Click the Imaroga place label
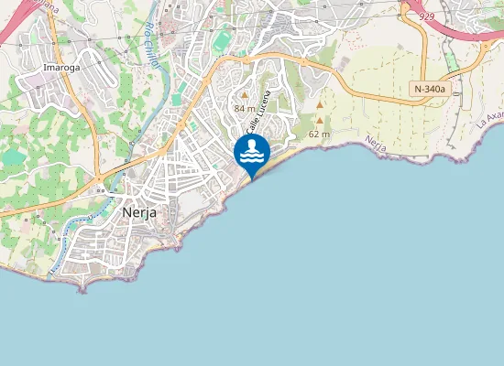[x=62, y=68]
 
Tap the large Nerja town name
[x=139, y=212]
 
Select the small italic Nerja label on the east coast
[x=373, y=143]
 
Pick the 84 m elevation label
[x=245, y=108]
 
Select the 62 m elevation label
[x=319, y=134]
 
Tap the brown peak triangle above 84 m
[x=245, y=94]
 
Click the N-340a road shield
[x=429, y=89]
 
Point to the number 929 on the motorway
[x=425, y=17]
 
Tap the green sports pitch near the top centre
[x=223, y=41]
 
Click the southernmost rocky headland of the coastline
[x=82, y=287]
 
